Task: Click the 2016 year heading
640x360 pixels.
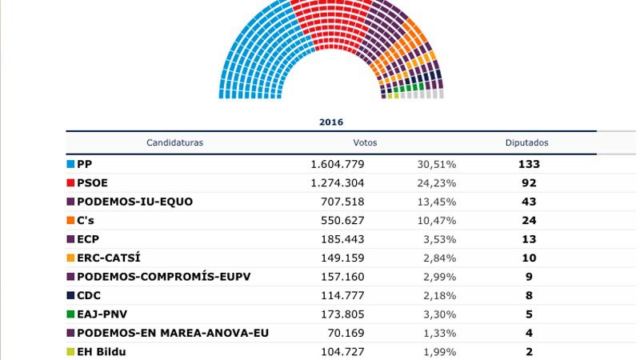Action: pos(330,122)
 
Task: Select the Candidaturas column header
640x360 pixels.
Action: pos(174,143)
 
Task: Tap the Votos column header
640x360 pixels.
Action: pos(364,143)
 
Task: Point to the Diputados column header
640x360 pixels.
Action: pos(526,143)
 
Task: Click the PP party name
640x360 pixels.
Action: pos(85,164)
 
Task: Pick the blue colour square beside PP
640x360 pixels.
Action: pos(70,164)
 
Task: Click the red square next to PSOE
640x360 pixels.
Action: pos(70,182)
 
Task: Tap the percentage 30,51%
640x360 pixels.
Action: pos(436,164)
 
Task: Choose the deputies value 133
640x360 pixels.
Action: pos(529,164)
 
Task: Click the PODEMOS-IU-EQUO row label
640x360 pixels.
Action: pos(134,202)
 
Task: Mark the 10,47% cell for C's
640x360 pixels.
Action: pos(436,220)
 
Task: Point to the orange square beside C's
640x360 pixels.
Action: pos(70,220)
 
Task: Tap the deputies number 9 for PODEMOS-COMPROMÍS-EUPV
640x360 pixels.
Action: pos(529,277)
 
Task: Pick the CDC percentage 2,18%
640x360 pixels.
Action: pos(439,295)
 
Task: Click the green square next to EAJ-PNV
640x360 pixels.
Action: pos(70,314)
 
